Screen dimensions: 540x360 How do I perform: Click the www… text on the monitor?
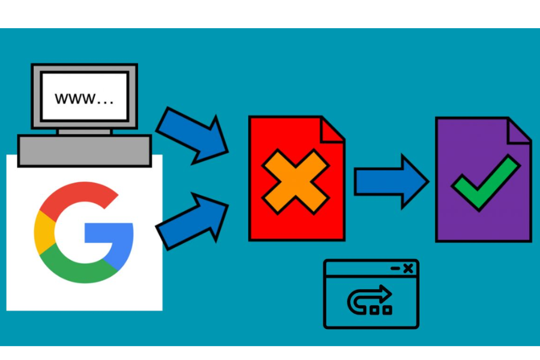pos(84,98)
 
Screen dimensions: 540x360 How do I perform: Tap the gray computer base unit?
pos(85,151)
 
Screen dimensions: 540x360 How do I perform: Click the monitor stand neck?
pos(85,131)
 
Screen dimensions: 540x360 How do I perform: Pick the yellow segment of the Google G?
pos(44,233)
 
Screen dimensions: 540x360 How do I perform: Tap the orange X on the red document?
pos(296,182)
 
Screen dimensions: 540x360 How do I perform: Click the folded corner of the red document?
pos(332,130)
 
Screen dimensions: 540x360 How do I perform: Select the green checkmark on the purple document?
pos(486,182)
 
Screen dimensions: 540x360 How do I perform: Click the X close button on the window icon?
pos(408,268)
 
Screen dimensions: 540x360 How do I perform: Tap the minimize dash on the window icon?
pos(395,268)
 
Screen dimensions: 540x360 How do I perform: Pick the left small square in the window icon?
pos(374,310)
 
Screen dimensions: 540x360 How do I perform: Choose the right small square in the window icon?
pos(388,310)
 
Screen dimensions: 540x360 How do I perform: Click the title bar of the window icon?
pos(371,268)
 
